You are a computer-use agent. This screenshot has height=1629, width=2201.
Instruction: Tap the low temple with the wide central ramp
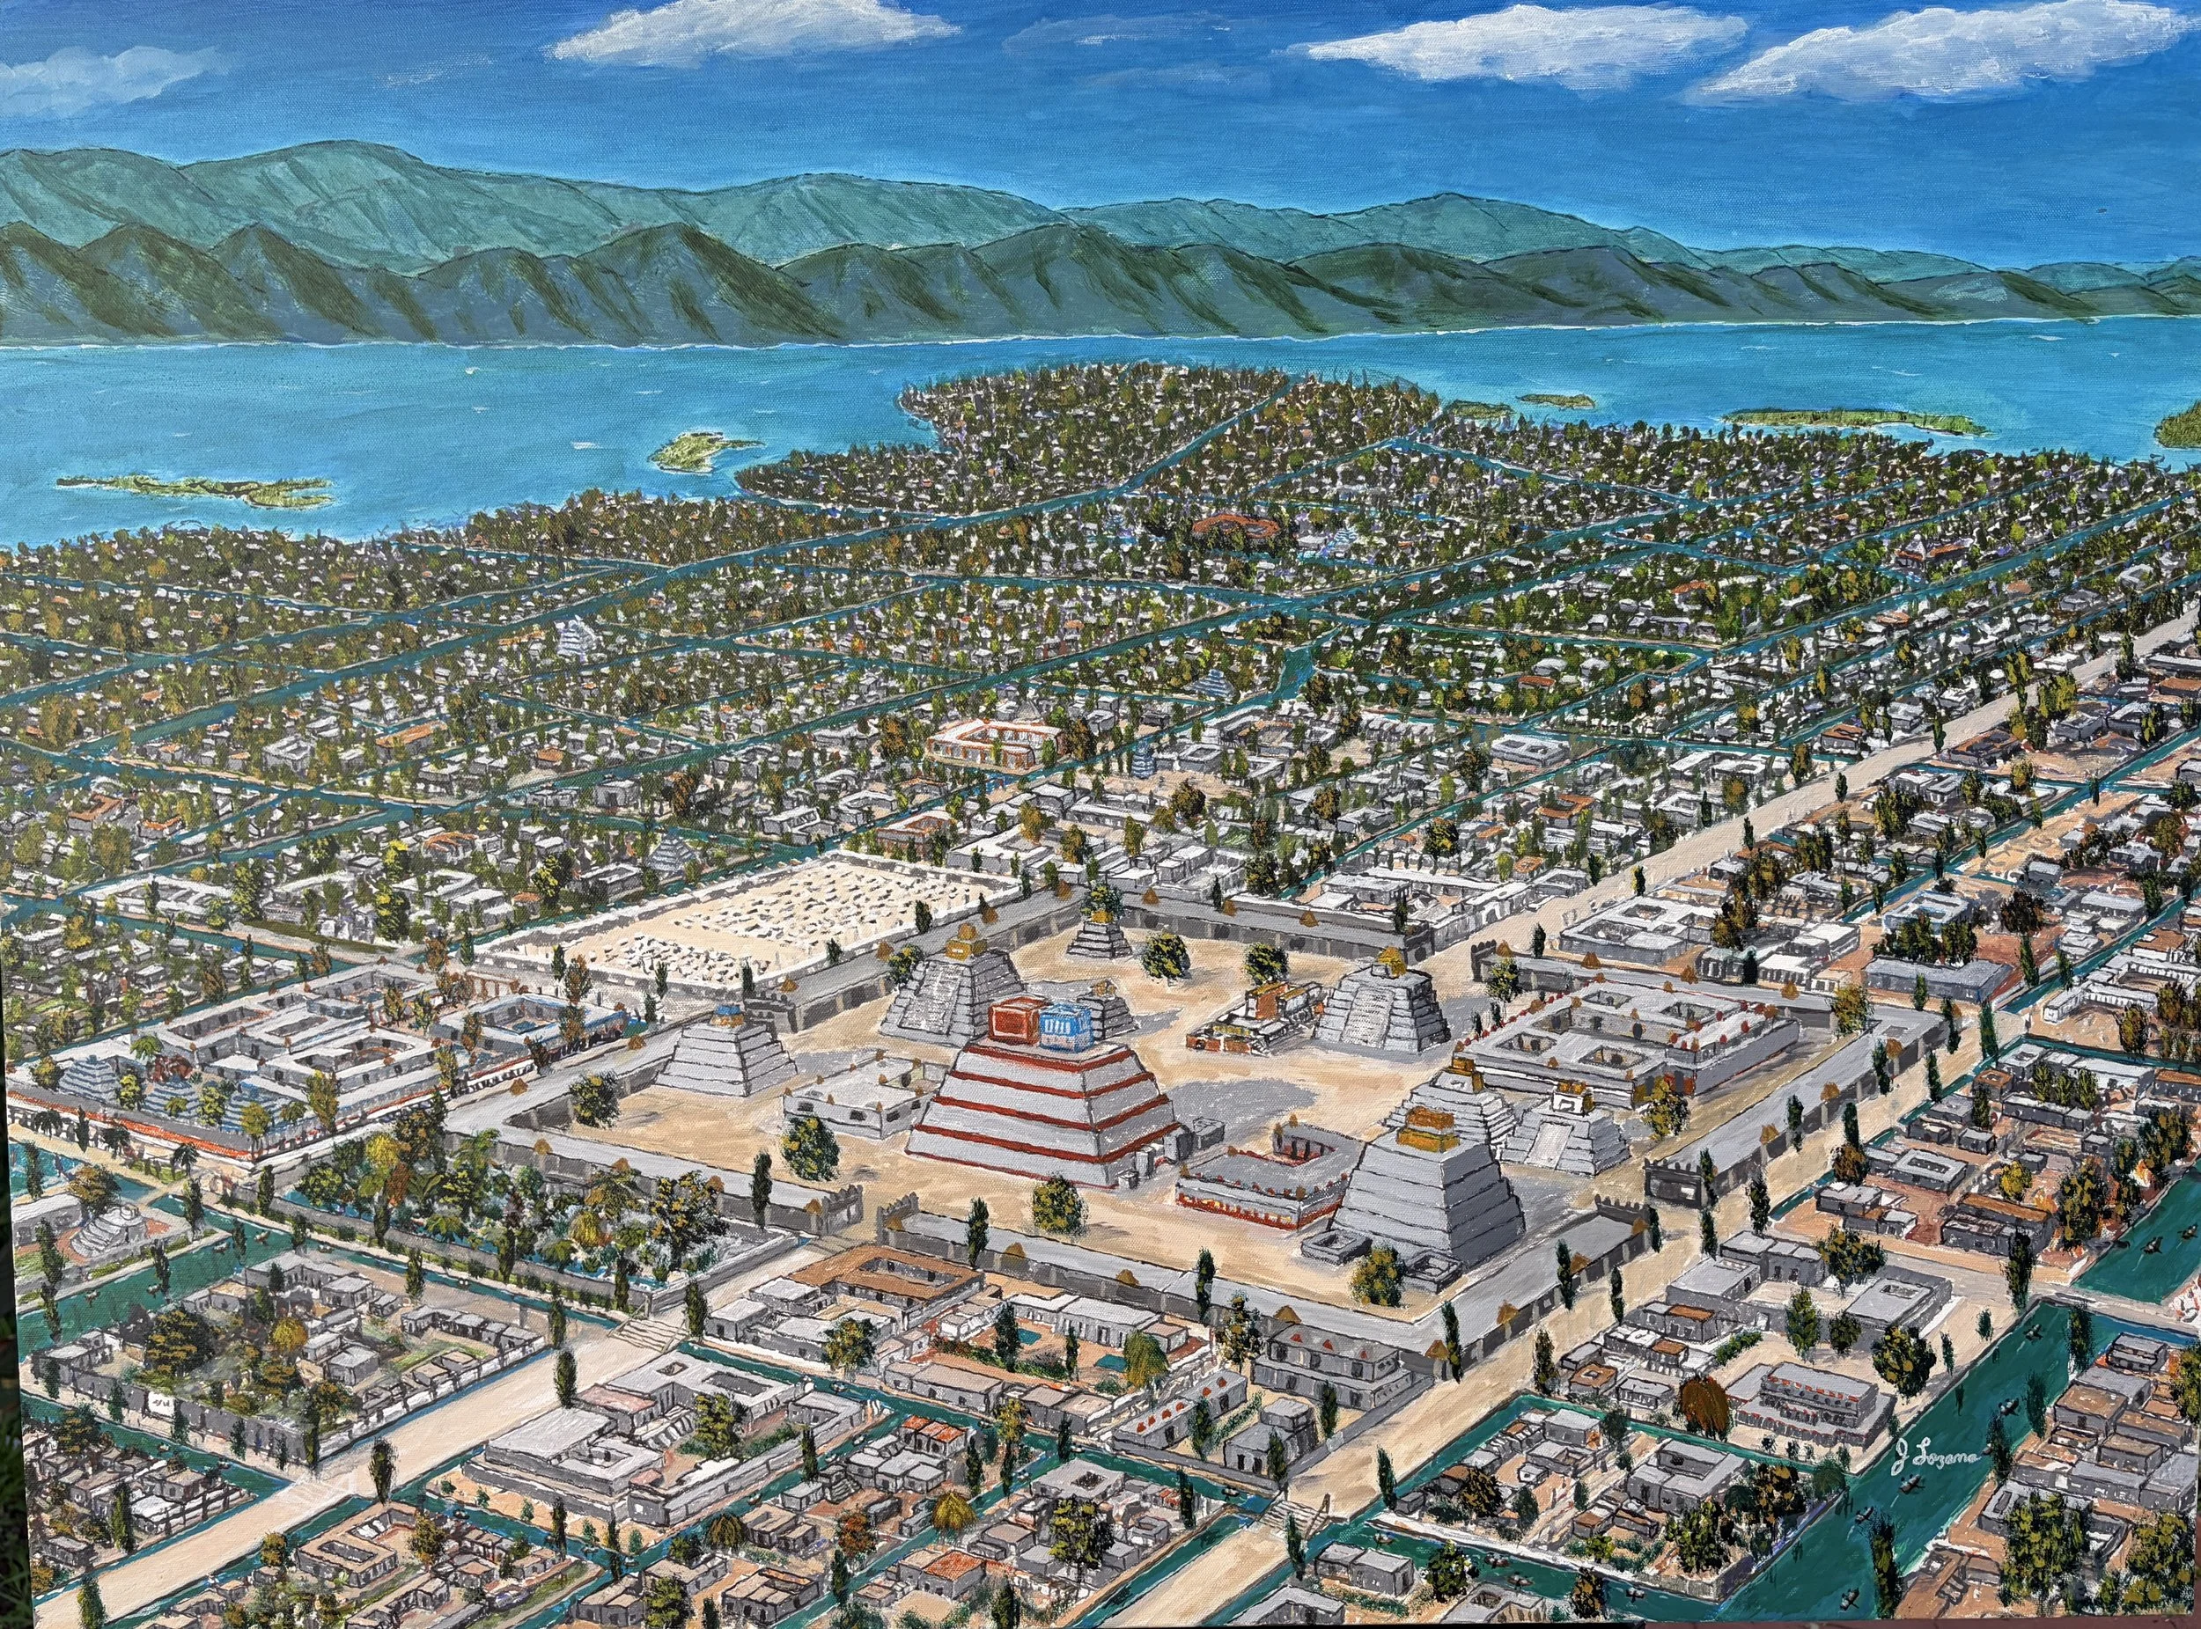(1569, 1135)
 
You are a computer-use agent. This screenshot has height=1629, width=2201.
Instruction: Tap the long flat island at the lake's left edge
(197, 488)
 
